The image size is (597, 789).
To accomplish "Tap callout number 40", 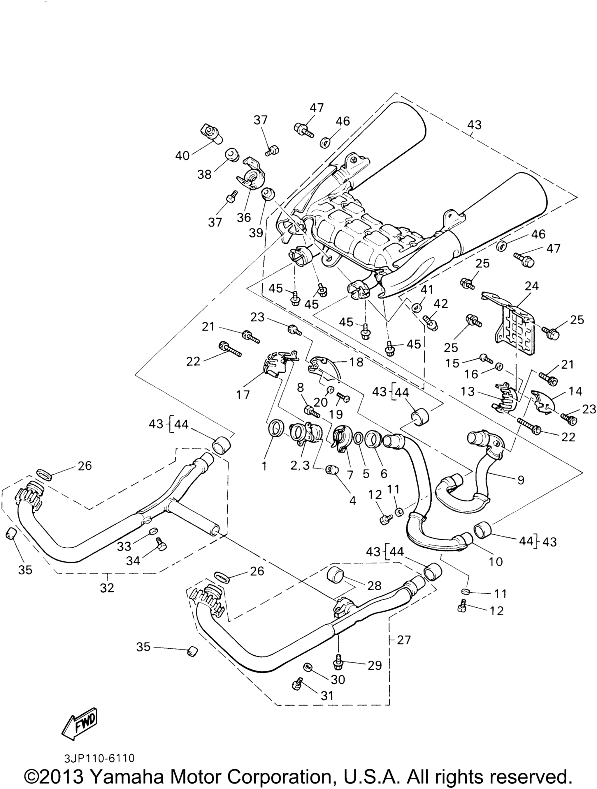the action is click(182, 155).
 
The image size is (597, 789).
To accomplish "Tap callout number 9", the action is click(521, 480).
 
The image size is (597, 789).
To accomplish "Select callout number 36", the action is click(244, 217).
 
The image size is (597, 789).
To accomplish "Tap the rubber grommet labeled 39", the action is click(267, 195).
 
